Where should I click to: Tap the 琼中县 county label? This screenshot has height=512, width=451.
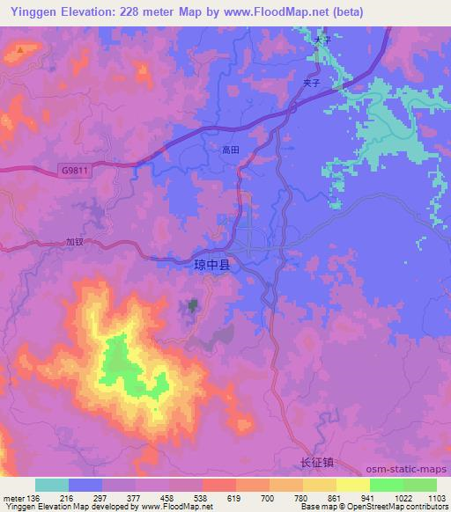click(x=192, y=262)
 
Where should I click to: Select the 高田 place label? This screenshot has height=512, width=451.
click(x=230, y=150)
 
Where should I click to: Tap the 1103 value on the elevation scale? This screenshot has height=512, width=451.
click(x=437, y=497)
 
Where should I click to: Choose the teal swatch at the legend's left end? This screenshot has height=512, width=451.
click(x=52, y=485)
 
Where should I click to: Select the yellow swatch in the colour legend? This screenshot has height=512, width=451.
click(x=352, y=485)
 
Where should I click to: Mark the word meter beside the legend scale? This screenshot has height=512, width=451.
click(x=13, y=497)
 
